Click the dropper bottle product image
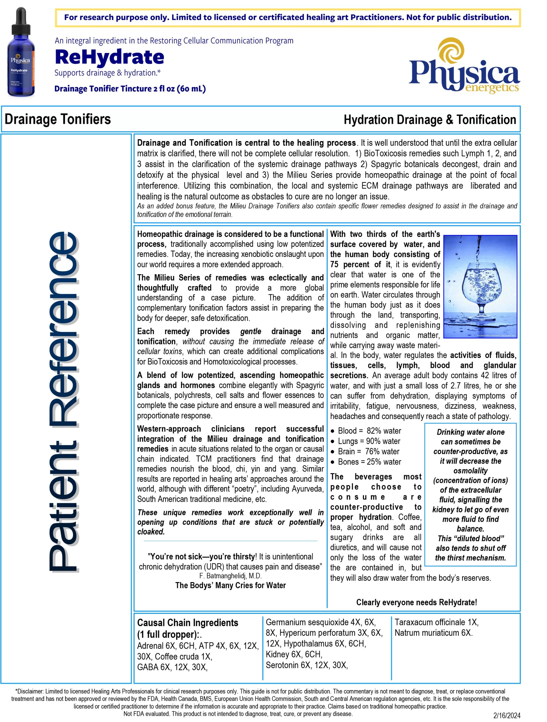coord(21,52)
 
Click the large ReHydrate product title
coord(109,57)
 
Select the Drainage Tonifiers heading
coord(58,119)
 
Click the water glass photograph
coord(480,287)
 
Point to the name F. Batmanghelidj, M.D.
coord(230,576)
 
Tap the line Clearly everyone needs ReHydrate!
coord(416,602)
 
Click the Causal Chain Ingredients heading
coord(188,622)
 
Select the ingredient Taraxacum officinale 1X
coord(436,622)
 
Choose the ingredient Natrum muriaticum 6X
coord(433,633)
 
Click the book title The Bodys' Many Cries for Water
coord(230,585)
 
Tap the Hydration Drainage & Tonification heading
coord(430,120)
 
